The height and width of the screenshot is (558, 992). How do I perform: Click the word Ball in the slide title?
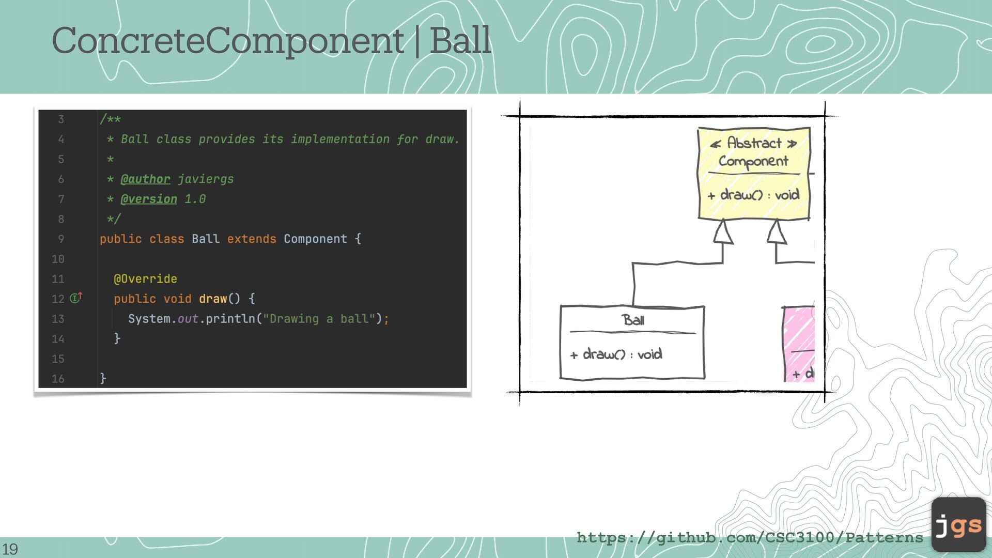click(x=460, y=40)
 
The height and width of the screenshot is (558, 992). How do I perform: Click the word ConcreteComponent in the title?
click(x=228, y=41)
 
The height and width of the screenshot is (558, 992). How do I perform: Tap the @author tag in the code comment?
click(x=145, y=179)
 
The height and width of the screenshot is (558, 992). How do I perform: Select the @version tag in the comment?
click(x=149, y=199)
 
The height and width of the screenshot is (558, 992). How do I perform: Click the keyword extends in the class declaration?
click(x=252, y=239)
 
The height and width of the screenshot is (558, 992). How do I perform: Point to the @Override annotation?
click(x=145, y=279)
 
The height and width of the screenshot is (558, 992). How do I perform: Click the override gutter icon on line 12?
click(x=76, y=298)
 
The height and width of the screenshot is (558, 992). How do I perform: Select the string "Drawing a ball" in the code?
click(x=319, y=319)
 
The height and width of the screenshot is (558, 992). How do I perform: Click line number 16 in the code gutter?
click(x=58, y=379)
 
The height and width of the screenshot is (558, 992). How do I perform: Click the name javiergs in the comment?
click(x=206, y=179)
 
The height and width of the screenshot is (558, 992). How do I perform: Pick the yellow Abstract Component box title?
click(x=753, y=151)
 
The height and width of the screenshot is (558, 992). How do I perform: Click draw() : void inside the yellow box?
click(x=754, y=195)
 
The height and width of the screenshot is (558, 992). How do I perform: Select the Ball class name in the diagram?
click(x=633, y=320)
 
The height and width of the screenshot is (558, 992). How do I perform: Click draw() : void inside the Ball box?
click(x=616, y=354)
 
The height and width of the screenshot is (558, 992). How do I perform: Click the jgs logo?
click(x=958, y=524)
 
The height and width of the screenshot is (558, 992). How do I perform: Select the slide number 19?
click(x=10, y=549)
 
